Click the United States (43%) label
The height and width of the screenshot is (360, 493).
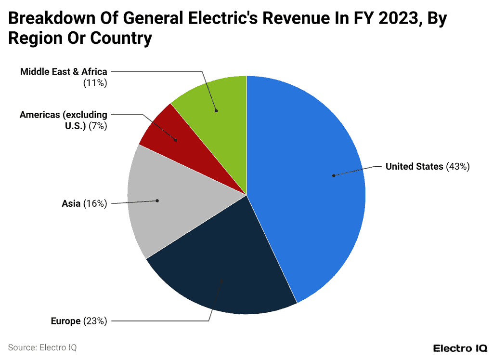coord(427,167)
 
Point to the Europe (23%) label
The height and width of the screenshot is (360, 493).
coord(78,321)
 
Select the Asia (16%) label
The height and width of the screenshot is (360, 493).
coord(84,203)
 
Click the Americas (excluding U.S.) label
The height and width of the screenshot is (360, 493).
coord(64,120)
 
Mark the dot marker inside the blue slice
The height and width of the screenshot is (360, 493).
coord(334,175)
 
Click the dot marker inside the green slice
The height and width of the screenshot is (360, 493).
coord(216,111)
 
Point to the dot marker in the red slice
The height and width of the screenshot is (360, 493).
coord(176,140)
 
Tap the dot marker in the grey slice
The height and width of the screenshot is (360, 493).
coord(157,200)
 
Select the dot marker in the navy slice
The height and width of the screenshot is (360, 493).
coord(221,280)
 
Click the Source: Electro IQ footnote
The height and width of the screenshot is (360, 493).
coord(42,347)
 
